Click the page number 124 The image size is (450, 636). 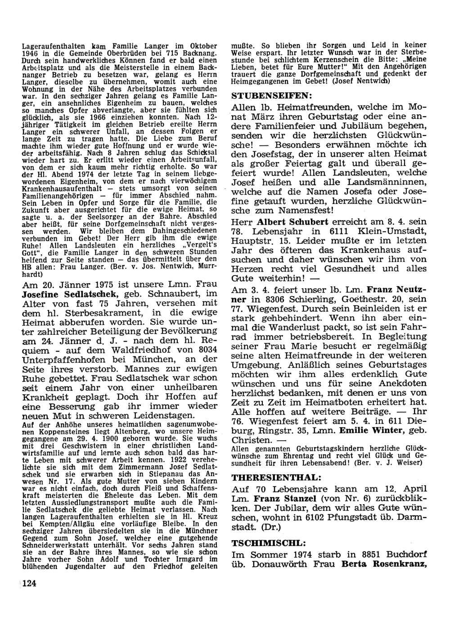coord(28,584)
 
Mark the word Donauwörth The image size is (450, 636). coord(281,564)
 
